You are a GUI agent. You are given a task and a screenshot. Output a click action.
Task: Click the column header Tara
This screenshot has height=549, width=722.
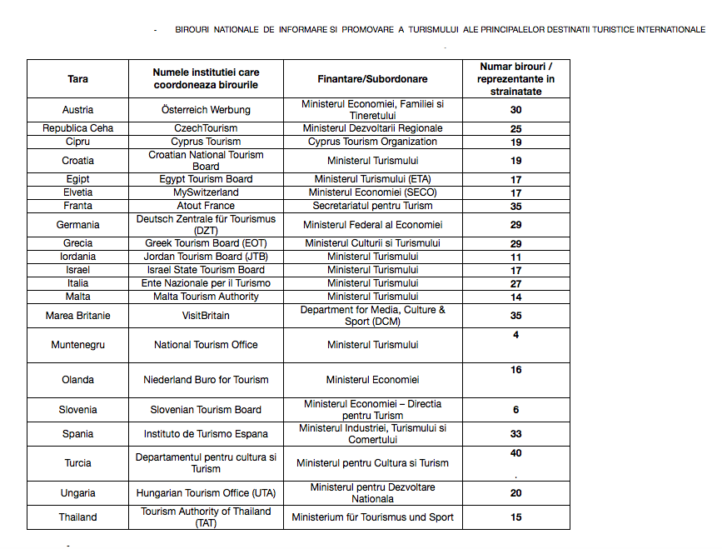77,79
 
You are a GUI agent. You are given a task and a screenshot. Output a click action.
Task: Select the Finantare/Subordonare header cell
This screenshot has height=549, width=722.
372,79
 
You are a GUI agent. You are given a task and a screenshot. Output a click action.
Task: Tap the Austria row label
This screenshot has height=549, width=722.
77,110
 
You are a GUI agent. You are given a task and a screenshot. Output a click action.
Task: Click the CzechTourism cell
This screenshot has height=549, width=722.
206,128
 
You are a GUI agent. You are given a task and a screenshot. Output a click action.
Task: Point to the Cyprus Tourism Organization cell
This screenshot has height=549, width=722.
372,142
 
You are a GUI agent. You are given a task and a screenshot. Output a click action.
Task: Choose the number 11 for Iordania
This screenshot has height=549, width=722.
516,257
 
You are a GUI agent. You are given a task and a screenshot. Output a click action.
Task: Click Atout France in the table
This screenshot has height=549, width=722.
206,206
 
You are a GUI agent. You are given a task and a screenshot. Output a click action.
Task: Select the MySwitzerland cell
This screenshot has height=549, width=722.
206,192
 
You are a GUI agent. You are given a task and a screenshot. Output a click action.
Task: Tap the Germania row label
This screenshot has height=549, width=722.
77,225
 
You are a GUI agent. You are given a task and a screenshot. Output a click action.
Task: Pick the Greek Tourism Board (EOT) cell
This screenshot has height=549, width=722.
206,243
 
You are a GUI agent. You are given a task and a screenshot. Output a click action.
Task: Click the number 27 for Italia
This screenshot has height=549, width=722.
516,283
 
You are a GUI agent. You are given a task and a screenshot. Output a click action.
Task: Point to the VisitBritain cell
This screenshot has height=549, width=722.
206,316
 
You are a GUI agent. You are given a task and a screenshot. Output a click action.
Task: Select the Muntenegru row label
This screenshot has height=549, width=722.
77,345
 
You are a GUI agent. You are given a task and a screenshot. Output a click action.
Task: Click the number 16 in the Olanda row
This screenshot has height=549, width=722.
516,370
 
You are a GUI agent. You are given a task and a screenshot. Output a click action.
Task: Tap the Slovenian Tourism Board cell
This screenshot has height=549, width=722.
206,410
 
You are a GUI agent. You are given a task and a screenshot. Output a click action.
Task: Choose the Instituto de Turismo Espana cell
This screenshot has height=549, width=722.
206,434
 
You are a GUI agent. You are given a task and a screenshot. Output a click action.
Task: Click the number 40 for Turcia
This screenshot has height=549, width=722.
516,453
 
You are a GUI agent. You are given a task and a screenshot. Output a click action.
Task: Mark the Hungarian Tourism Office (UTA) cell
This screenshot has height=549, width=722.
206,493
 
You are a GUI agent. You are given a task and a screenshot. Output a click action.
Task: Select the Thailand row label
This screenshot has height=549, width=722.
77,517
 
